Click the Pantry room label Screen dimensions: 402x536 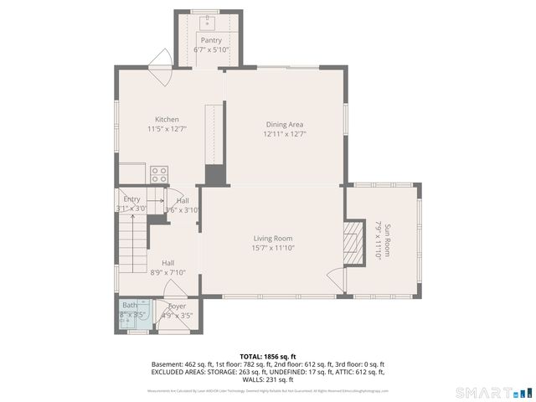point(211,39)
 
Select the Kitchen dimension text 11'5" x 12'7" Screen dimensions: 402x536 point(167,129)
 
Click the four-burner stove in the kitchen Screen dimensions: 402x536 point(159,174)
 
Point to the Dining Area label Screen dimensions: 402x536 point(284,124)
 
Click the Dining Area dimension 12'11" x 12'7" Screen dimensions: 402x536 point(284,133)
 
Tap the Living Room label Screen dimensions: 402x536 point(273,238)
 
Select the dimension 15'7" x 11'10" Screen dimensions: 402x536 point(273,247)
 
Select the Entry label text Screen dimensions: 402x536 point(131,199)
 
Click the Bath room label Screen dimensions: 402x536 point(129,306)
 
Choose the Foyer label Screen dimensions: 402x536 point(176,307)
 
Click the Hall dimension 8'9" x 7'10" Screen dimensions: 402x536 point(167,271)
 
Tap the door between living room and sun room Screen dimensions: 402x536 point(335,280)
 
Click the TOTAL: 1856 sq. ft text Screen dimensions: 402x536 point(267,357)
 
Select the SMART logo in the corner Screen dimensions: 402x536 point(493,392)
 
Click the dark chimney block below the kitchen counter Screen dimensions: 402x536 point(215,175)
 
